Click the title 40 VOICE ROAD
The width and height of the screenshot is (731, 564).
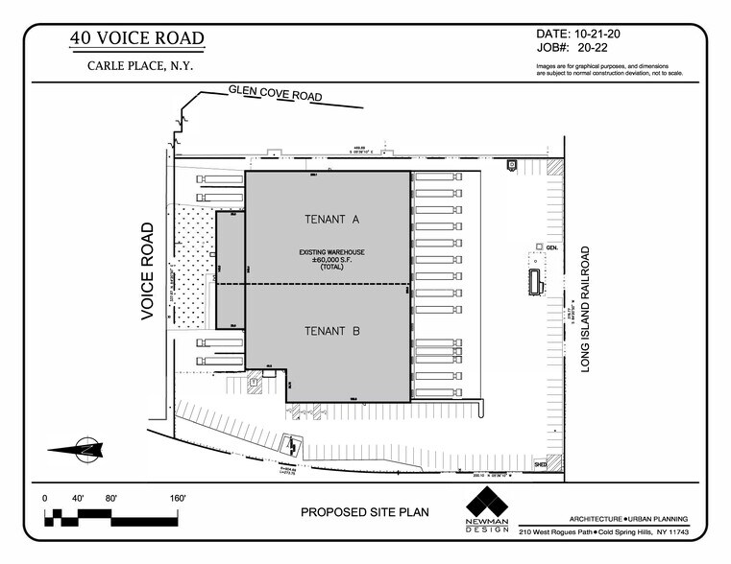(x=136, y=39)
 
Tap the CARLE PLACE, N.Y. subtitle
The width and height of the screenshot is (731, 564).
(x=136, y=66)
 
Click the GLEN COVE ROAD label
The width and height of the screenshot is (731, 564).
(x=275, y=94)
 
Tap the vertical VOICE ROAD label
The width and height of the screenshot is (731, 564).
(x=148, y=270)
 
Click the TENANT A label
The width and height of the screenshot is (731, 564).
(x=331, y=220)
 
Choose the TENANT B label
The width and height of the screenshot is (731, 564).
(x=331, y=332)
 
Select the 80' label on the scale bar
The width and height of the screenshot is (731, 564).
(x=111, y=499)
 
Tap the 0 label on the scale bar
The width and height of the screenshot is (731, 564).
(x=45, y=499)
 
